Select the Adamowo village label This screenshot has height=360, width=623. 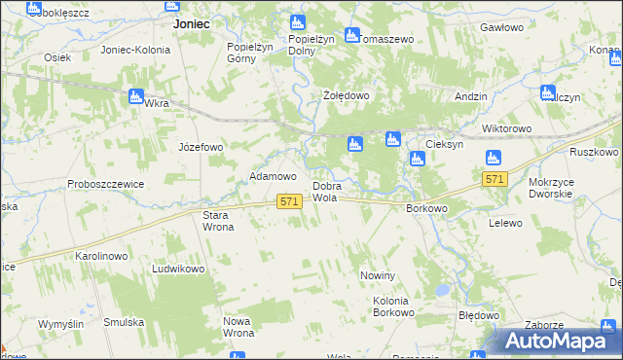[273, 176]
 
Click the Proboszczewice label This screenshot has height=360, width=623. [106, 184]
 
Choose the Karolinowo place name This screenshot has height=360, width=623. [102, 256]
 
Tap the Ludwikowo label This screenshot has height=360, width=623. [177, 268]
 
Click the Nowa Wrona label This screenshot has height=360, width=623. [238, 327]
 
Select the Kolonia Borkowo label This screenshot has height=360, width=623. [394, 306]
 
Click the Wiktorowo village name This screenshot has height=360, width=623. [506, 128]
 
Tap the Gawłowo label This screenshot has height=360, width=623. [502, 28]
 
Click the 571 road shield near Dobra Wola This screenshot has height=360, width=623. [287, 200]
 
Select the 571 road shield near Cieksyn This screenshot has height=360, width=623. [495, 180]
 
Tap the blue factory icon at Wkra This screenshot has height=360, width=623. [136, 96]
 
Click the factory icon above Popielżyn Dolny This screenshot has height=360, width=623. [298, 22]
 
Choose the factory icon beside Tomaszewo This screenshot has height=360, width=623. [351, 35]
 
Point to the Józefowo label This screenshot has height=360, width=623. [201, 147]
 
